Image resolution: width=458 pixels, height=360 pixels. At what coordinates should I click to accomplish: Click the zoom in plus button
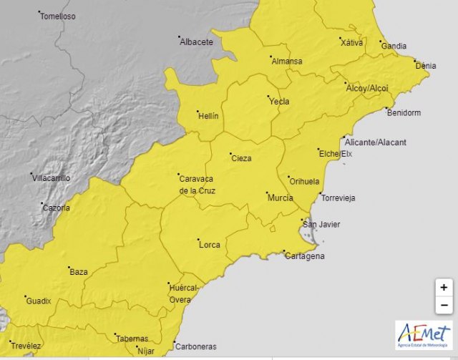pos(444,288)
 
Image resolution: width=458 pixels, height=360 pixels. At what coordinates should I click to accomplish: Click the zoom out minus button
pos(444,305)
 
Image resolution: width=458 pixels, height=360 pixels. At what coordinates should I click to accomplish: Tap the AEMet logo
pos(424,336)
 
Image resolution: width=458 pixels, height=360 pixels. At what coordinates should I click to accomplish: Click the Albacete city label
pos(197,42)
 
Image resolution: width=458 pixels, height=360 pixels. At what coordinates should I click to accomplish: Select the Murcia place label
pos(280,198)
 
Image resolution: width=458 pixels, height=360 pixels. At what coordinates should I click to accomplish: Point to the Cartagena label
pos(305,256)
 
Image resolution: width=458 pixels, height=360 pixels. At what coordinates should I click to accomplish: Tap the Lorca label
pos(209,245)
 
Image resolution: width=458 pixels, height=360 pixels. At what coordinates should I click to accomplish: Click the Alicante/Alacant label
pos(375,142)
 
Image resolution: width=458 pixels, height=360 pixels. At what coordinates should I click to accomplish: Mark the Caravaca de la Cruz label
pos(197,185)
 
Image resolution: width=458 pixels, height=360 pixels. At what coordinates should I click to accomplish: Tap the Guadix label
pos(39,301)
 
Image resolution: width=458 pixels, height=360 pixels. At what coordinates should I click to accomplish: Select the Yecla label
pos(279,102)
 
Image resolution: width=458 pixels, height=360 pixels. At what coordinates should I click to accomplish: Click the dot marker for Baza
pos(67,267)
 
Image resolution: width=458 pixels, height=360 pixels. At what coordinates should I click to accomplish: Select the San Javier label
pos(321,225)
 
